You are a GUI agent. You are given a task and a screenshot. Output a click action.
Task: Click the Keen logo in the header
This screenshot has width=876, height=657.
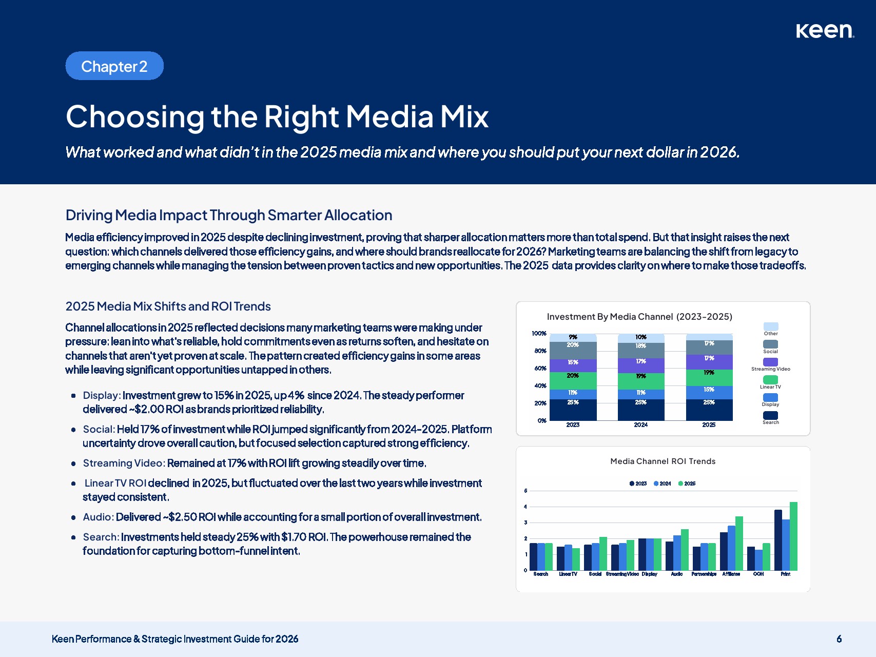825,31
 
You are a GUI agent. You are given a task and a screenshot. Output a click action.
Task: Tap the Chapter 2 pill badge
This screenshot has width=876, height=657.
114,66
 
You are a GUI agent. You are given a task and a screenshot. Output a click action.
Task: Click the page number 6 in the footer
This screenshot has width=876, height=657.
839,639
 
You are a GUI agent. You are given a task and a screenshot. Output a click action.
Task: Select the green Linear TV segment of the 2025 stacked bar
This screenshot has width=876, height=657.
709,377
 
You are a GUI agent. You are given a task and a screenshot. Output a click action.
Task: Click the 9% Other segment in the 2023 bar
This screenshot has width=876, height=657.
573,337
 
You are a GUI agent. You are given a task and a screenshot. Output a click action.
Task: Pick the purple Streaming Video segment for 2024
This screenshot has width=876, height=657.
641,365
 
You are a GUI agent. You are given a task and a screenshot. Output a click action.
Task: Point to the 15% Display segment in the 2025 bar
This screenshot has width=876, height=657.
709,392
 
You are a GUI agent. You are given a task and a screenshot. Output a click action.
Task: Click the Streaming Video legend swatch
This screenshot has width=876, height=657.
770,362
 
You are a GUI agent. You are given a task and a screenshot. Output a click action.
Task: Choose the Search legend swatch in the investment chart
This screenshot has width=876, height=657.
770,415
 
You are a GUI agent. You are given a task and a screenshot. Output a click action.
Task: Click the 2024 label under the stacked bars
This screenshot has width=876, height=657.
641,425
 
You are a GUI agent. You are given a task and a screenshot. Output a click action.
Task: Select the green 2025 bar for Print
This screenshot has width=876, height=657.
793,536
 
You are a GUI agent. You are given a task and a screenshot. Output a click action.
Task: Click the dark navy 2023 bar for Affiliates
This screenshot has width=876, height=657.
724,551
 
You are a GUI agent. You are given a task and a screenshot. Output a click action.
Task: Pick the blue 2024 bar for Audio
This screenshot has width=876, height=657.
677,553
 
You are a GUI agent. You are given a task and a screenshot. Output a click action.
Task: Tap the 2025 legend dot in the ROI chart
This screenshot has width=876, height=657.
681,484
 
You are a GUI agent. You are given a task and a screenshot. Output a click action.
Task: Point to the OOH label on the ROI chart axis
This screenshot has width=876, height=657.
758,574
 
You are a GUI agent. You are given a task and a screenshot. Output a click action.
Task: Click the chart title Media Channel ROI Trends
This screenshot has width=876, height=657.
663,461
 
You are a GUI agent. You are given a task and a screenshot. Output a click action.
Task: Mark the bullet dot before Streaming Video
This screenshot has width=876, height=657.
73,463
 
